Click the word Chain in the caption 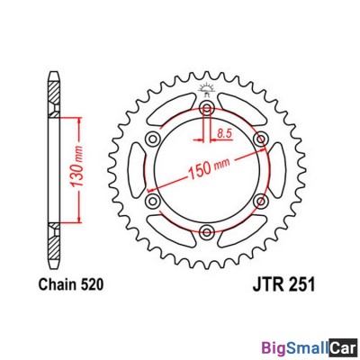57,285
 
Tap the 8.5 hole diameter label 227,132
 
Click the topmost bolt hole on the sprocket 207,109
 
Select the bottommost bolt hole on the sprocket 207,233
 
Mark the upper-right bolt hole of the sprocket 261,139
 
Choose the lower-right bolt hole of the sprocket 261,202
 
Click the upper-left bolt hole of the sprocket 153,139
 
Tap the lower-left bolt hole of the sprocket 153,202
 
